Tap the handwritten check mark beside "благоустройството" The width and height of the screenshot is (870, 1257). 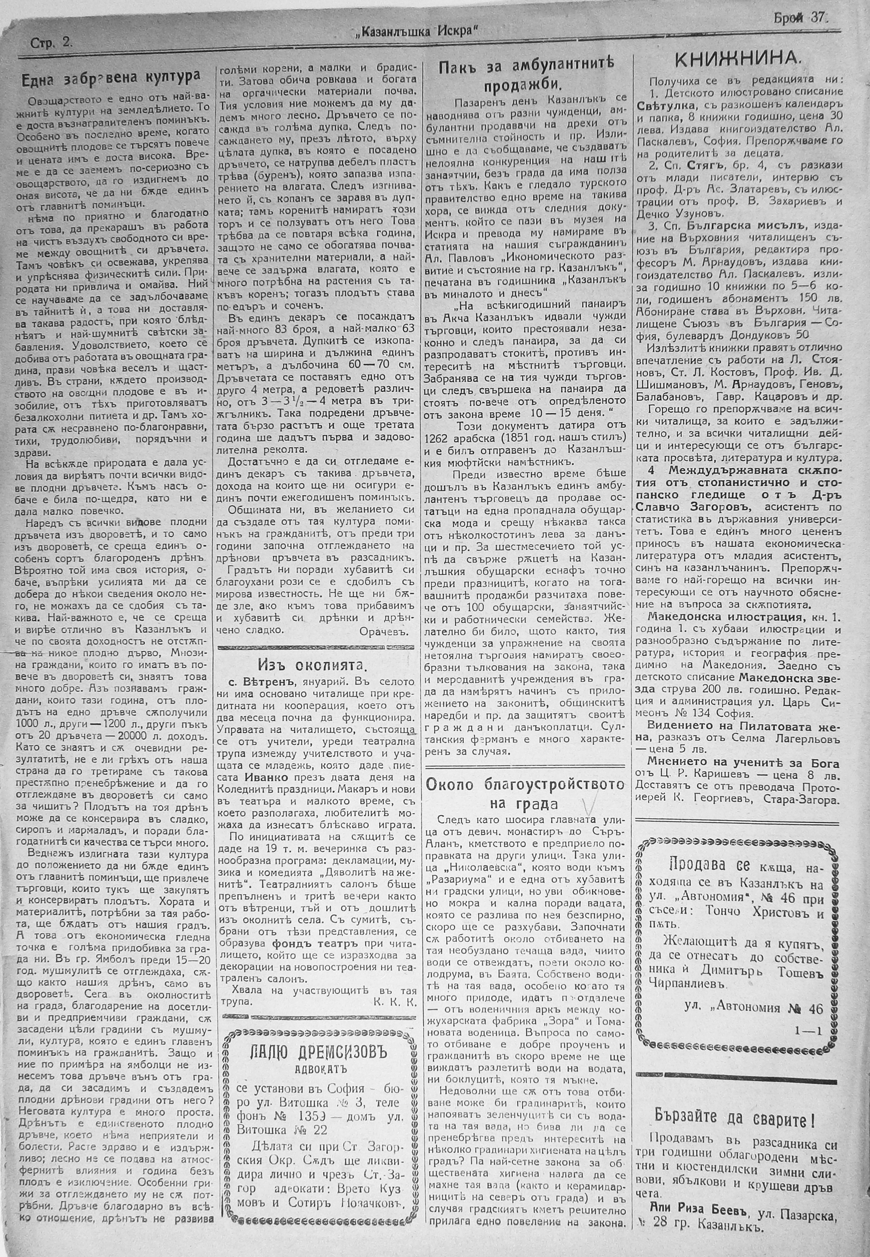tap(587, 804)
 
